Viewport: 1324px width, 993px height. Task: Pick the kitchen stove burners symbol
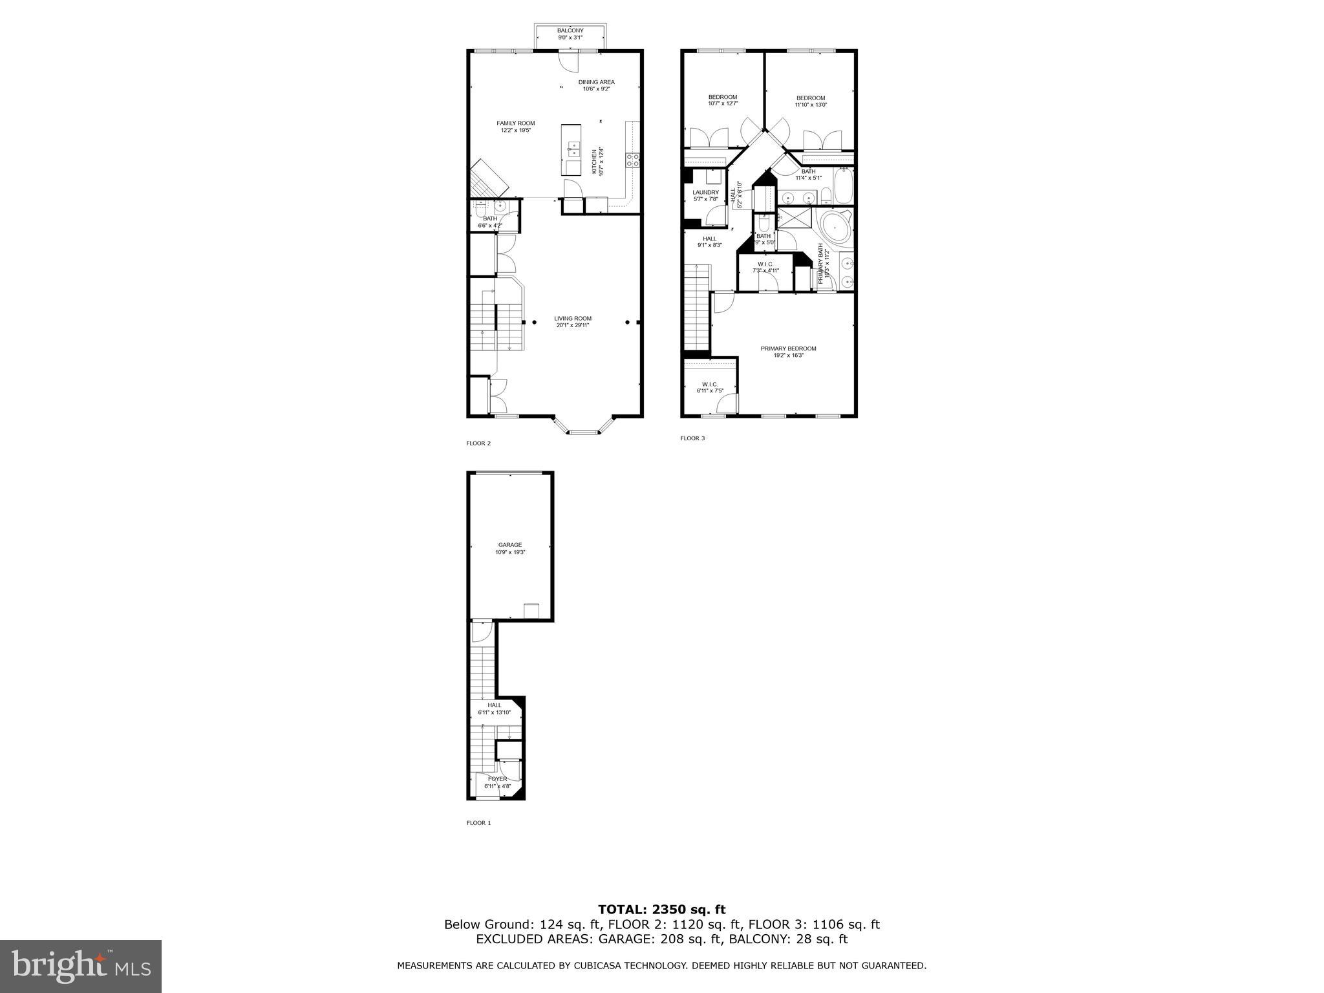(x=633, y=160)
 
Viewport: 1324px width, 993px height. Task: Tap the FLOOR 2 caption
(x=478, y=443)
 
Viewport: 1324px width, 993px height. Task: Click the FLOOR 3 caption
(x=692, y=438)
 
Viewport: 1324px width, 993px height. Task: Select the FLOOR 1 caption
(x=478, y=823)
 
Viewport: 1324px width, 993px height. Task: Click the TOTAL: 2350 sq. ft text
(x=661, y=910)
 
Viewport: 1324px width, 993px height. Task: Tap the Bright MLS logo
(x=81, y=966)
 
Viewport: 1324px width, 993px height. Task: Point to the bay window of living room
(x=583, y=428)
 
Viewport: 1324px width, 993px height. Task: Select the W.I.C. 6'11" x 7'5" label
(x=709, y=387)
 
